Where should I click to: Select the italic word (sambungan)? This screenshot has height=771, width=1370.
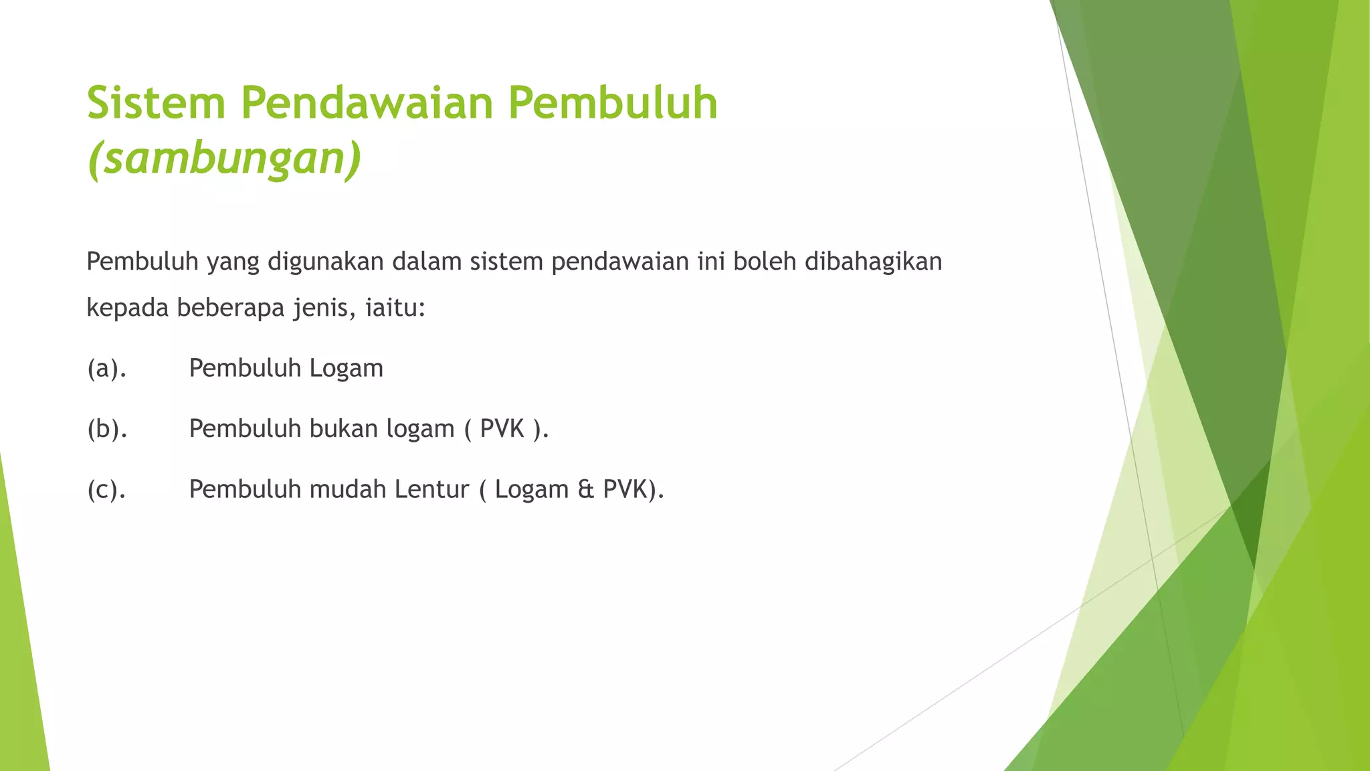pyautogui.click(x=224, y=159)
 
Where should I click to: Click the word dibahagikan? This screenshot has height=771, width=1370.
pyautogui.click(x=873, y=262)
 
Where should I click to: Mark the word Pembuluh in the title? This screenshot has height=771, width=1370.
pyautogui.click(x=613, y=104)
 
